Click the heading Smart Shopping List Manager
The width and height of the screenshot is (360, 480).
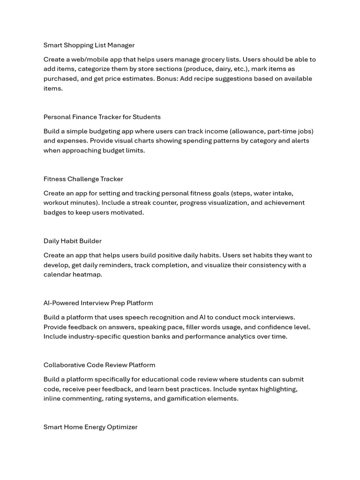click(x=89, y=45)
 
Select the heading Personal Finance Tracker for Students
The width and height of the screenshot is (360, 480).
click(x=102, y=117)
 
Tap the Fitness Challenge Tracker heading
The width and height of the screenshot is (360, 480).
click(x=83, y=179)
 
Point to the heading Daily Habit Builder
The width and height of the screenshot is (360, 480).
click(x=73, y=241)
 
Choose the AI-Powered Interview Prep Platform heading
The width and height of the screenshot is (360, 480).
click(x=98, y=303)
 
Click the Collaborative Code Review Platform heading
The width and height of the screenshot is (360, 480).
click(x=99, y=365)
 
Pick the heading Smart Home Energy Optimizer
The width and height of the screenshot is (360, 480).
click(x=90, y=427)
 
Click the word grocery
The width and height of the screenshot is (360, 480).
click(x=213, y=60)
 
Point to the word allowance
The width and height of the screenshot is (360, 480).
click(x=246, y=131)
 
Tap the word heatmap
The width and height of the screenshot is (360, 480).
click(x=87, y=274)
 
